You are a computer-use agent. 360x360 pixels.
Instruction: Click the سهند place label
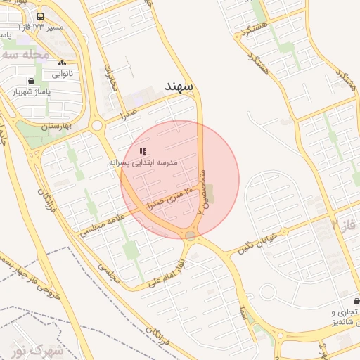coord(179,86)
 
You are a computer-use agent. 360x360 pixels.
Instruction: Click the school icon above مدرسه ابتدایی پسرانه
coord(143,151)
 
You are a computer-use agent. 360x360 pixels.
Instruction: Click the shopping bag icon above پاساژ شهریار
coord(31,81)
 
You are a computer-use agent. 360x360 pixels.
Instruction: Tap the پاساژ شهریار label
coord(32,91)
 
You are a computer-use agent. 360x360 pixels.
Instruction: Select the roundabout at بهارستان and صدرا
coord(97,126)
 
